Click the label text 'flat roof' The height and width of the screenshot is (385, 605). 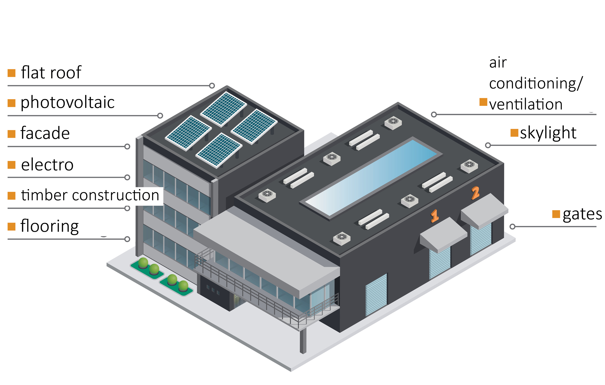click(51, 72)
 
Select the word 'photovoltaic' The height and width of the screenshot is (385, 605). click(68, 103)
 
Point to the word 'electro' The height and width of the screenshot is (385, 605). click(47, 165)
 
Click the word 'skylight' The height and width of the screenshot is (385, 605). click(548, 133)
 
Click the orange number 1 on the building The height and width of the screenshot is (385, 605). click(434, 216)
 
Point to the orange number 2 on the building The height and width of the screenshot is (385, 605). click(475, 193)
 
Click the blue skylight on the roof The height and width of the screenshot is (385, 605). click(371, 177)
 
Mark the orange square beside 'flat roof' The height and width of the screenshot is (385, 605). click(12, 73)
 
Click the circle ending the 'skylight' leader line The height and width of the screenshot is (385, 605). click(488, 145)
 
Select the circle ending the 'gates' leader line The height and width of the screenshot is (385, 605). click(513, 227)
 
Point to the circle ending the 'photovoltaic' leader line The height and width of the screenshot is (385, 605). click(160, 116)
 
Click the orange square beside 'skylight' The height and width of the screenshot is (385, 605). click(514, 133)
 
